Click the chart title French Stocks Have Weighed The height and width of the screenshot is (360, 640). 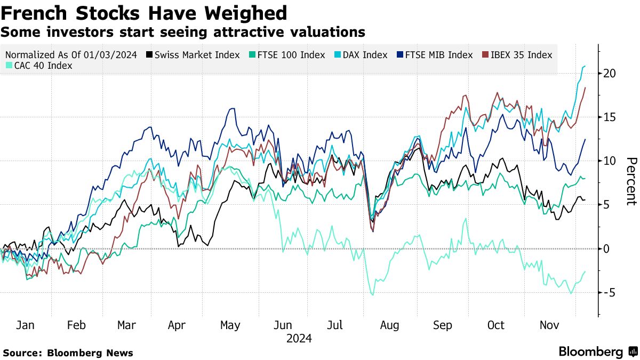pyautogui.click(x=144, y=13)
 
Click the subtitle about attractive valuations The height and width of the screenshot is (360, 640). pyautogui.click(x=183, y=32)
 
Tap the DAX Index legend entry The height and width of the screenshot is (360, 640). pyautogui.click(x=364, y=55)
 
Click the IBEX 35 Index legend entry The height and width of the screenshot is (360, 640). pyautogui.click(x=517, y=55)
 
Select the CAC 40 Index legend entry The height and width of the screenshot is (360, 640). pyautogui.click(x=40, y=66)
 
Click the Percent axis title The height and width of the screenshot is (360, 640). pyautogui.click(x=631, y=181)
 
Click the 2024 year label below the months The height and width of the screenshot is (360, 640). pyautogui.click(x=299, y=339)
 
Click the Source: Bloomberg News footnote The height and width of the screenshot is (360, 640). pyautogui.click(x=68, y=353)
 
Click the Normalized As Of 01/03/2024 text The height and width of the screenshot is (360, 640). pyautogui.click(x=71, y=55)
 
